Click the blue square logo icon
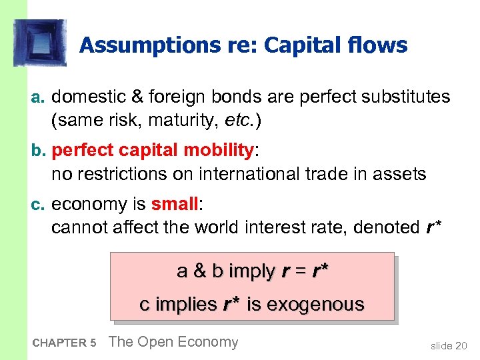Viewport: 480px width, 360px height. coord(40,43)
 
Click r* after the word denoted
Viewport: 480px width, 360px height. coord(433,227)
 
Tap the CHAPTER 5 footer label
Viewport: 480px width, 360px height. coord(64,343)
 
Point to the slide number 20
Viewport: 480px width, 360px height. coord(450,345)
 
